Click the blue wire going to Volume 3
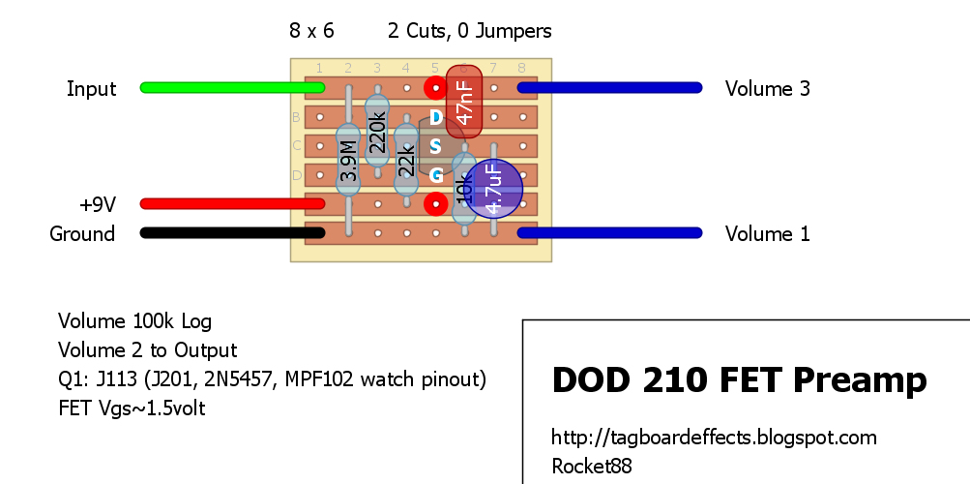click(x=609, y=88)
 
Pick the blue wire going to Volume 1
click(x=609, y=233)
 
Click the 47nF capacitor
click(x=464, y=103)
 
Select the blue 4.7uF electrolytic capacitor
click(x=493, y=189)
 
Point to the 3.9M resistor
click(x=347, y=160)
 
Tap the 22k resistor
click(x=406, y=160)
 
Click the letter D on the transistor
click(x=435, y=117)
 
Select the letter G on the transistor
click(x=435, y=175)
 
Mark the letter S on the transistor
click(x=435, y=146)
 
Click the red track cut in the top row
click(x=435, y=88)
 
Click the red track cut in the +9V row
click(x=435, y=204)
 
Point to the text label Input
click(x=91, y=89)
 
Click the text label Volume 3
click(x=767, y=89)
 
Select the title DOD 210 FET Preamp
click(x=739, y=381)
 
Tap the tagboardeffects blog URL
click(x=714, y=438)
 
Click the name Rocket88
click(x=591, y=467)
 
